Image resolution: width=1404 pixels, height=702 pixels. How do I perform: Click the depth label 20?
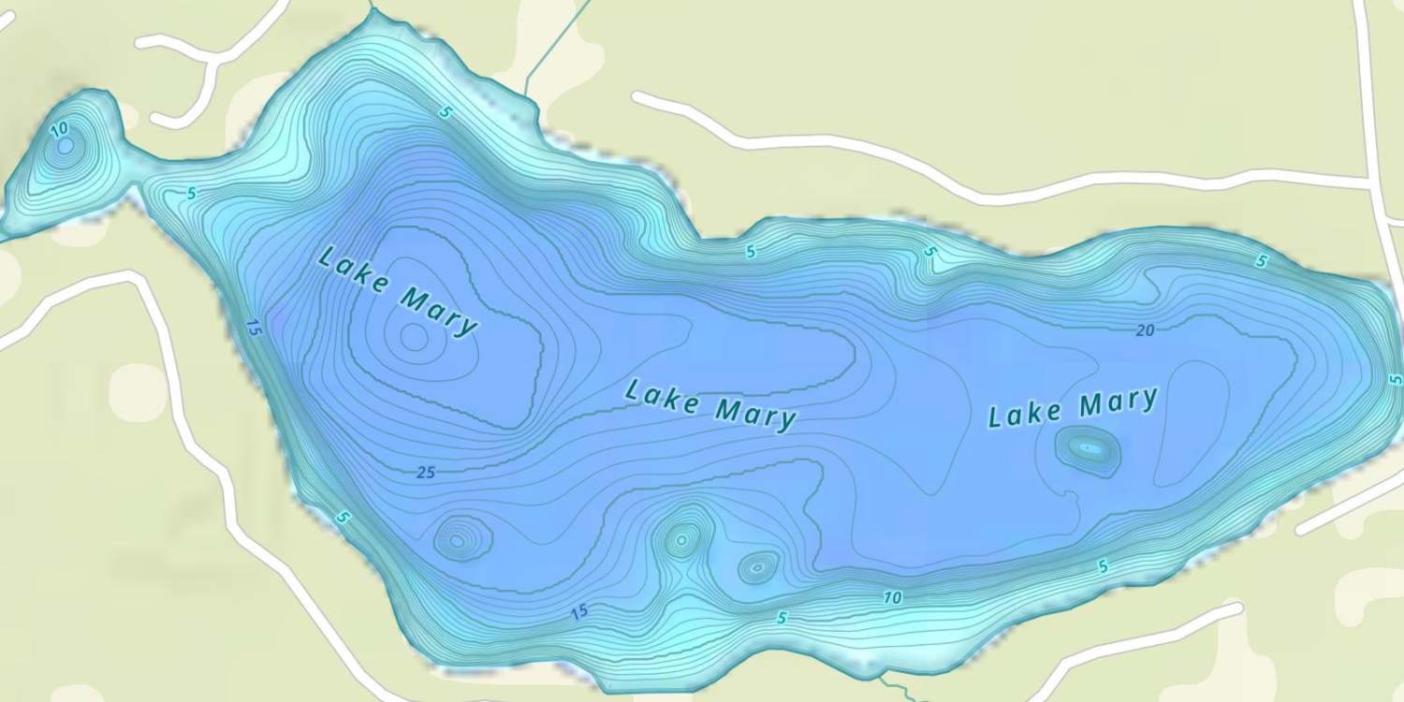[1145, 330]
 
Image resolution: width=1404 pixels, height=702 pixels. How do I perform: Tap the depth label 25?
[426, 473]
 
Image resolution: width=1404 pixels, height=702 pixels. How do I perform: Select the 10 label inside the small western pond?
[59, 128]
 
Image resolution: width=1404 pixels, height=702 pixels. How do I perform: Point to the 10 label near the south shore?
[892, 597]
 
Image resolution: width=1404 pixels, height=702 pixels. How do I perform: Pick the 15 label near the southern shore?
[579, 612]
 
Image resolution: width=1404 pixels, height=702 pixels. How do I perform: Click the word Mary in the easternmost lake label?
[1118, 403]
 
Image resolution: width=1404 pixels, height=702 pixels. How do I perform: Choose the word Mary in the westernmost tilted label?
[439, 312]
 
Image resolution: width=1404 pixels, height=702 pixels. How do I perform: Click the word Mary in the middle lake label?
[755, 413]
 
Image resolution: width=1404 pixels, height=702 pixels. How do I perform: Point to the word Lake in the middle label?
[662, 397]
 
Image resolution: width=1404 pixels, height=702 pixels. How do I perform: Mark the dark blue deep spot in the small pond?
[65, 146]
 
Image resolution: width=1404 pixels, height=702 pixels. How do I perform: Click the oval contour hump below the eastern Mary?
[1089, 450]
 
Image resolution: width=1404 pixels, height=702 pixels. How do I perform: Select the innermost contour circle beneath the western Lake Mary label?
[414, 337]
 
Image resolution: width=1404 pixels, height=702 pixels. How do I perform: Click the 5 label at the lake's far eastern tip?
[1395, 379]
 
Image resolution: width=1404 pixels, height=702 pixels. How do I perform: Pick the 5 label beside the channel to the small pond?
[192, 194]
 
